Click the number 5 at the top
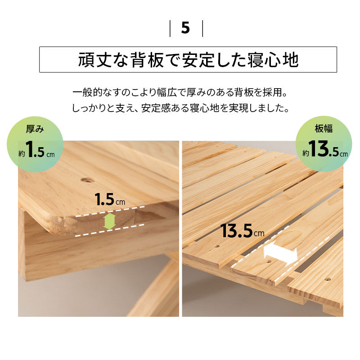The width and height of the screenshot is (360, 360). pos(185,28)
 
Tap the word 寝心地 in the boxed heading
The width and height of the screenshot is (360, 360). pos(273,60)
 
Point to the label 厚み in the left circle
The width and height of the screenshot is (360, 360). pos(35,129)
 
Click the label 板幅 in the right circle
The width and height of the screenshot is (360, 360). pos(324,129)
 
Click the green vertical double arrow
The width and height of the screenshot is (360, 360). pos(109,221)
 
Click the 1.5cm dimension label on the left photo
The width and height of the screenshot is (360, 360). pos(110,199)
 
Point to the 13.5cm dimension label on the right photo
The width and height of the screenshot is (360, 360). pos(242,231)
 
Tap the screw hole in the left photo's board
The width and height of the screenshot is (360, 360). pos(87,180)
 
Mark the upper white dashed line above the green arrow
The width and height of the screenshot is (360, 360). pos(110,211)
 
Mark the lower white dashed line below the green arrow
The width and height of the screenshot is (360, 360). pos(109,230)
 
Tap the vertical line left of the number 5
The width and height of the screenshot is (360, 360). pos(170,28)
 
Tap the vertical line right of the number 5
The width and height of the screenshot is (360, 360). pos(202,28)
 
